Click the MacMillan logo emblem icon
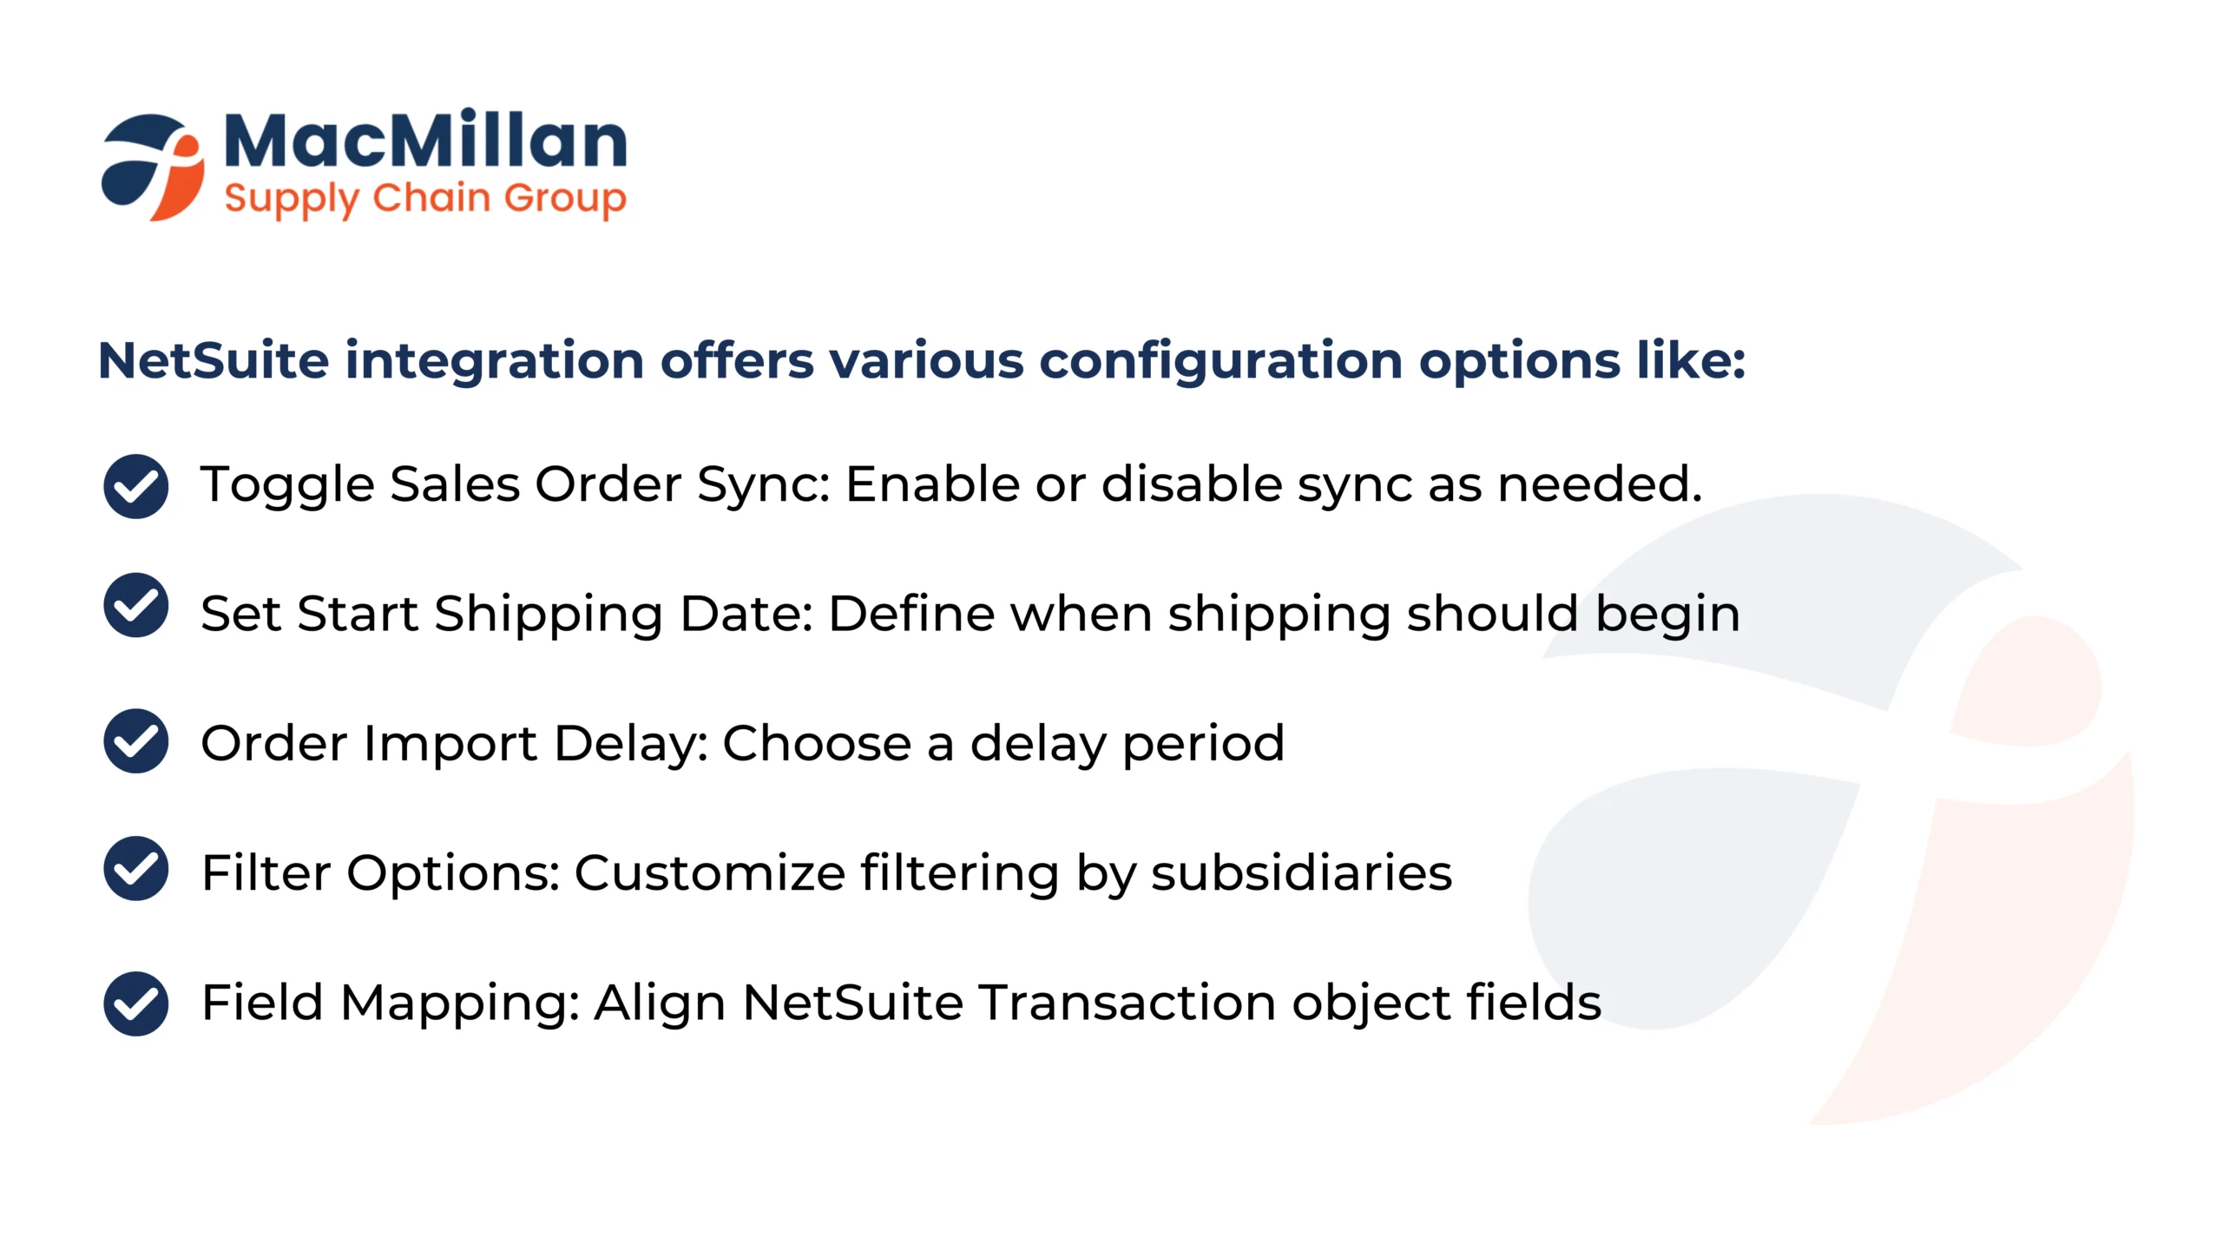[154, 168]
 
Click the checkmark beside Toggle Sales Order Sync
[135, 486]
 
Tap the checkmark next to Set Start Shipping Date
[135, 605]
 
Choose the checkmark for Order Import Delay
[135, 740]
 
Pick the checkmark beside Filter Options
[135, 868]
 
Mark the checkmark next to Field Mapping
[135, 1003]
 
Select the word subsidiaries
[1301, 872]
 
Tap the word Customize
[709, 872]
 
